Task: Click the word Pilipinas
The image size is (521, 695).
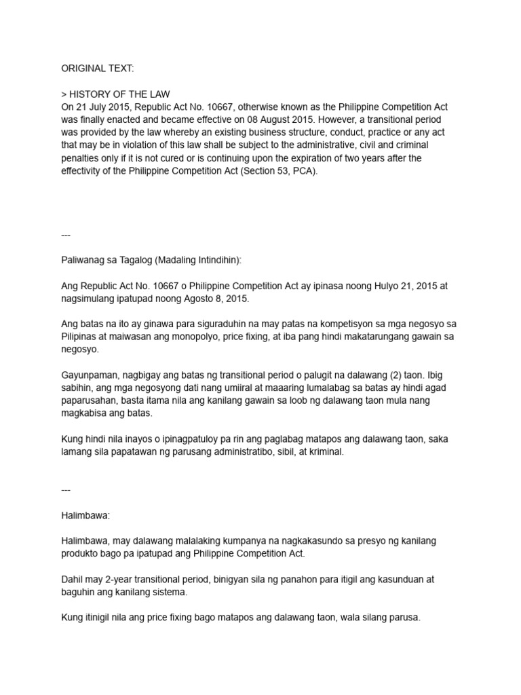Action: click(80, 337)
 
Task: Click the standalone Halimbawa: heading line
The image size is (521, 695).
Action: click(85, 515)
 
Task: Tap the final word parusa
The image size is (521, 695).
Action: click(404, 618)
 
